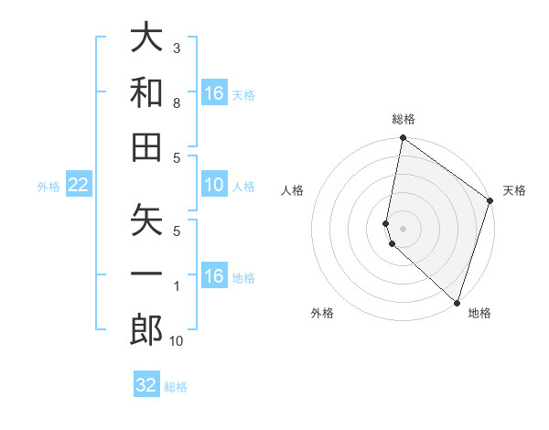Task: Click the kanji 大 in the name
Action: (146, 41)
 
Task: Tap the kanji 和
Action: (146, 92)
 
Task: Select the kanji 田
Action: (146, 145)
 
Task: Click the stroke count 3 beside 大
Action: (177, 48)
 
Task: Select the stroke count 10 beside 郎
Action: (177, 341)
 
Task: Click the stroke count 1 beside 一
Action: (177, 286)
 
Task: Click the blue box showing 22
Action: (78, 186)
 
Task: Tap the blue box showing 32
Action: (146, 385)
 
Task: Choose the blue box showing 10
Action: (214, 186)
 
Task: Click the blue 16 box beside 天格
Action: (214, 93)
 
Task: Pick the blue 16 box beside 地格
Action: (214, 277)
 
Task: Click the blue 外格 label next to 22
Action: (48, 187)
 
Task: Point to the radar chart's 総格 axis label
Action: (403, 119)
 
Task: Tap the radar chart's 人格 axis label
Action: (293, 190)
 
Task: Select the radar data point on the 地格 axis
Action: (457, 302)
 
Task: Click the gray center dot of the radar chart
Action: (403, 228)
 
